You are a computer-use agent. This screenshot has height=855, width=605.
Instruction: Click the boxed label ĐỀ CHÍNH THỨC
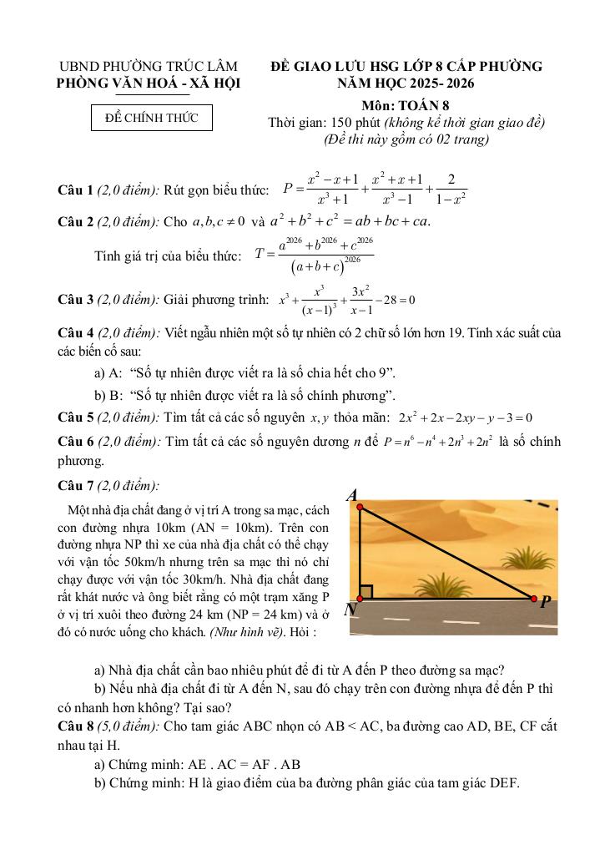[x=152, y=118]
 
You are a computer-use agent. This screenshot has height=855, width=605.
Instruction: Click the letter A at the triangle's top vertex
[x=352, y=494]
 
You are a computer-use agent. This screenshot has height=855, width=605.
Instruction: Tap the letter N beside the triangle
[x=350, y=610]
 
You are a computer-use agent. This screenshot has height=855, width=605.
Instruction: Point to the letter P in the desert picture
[x=545, y=601]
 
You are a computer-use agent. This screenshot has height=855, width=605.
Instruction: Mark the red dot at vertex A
[x=359, y=503]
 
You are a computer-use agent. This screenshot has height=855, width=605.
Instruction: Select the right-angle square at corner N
[x=366, y=591]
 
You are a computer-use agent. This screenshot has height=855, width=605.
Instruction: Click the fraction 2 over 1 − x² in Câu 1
[x=451, y=189]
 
